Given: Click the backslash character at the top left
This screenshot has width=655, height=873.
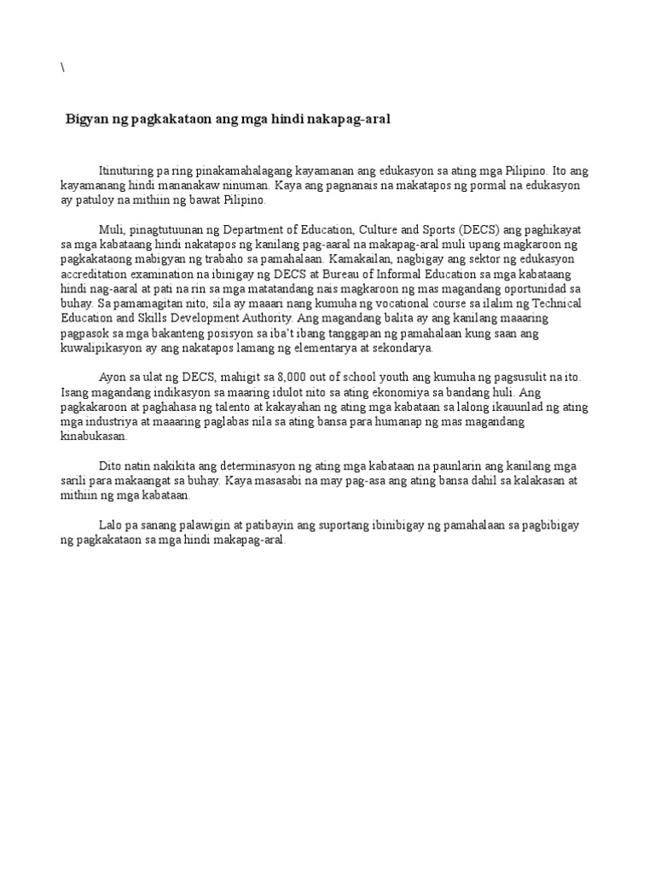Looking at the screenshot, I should pos(62,69).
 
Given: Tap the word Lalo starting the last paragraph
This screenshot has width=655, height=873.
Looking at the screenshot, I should pos(112,524).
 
